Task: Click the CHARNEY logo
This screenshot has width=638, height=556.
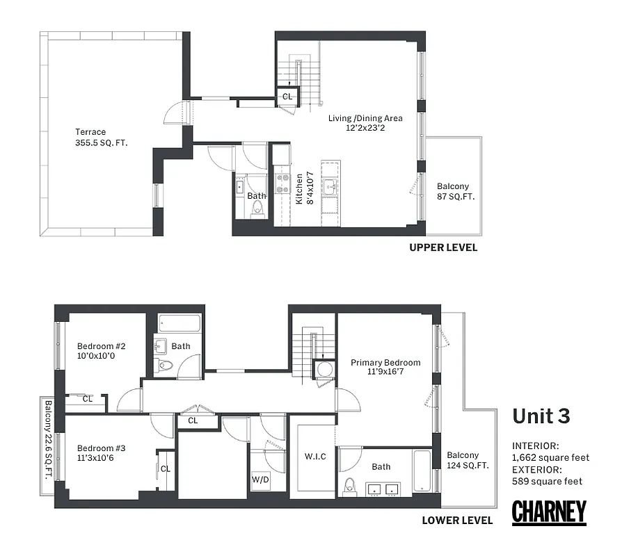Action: click(x=549, y=512)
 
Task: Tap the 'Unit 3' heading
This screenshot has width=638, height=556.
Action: click(x=541, y=416)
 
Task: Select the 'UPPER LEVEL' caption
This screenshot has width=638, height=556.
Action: click(x=443, y=247)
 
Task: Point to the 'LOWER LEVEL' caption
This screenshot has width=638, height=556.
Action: click(x=457, y=520)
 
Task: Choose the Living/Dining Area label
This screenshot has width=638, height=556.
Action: click(x=365, y=123)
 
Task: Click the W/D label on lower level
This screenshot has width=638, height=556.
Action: click(x=259, y=480)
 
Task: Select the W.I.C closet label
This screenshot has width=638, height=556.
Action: click(x=315, y=457)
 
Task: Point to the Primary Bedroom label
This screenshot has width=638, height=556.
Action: click(x=385, y=367)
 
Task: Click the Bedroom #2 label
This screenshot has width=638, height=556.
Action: click(x=101, y=351)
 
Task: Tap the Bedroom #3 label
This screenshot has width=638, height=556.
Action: click(x=101, y=452)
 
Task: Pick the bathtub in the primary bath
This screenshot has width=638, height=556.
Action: click(x=422, y=473)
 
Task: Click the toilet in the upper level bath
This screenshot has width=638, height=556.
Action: click(x=257, y=212)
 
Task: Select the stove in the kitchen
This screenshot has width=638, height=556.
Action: click(x=283, y=183)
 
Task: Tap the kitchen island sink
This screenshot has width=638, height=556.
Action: click(x=331, y=186)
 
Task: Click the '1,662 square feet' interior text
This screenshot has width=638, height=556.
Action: click(x=550, y=457)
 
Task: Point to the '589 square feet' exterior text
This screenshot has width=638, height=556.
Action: click(x=547, y=481)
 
